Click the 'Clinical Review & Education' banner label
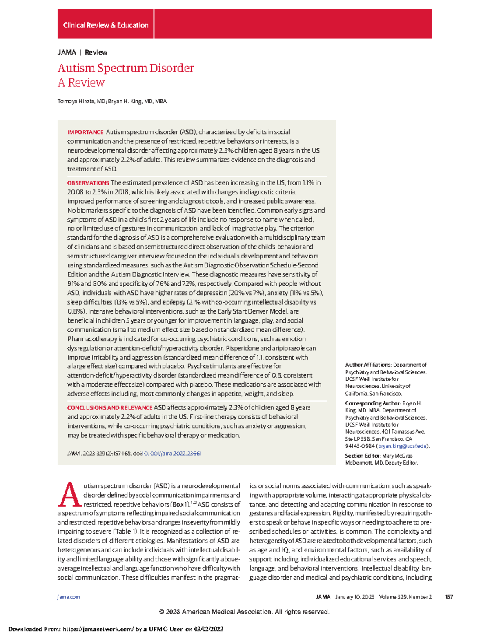coord(105,25)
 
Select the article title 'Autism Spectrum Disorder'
coord(125,68)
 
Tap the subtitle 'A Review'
coord(81,82)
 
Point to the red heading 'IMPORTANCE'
coord(85,132)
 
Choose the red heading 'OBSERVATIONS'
coord(88,183)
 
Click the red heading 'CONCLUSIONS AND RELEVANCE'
coord(109,407)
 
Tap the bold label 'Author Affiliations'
coord(368,365)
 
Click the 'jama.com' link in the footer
coord(69,597)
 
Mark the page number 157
coord(449,597)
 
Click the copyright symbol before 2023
coord(161,612)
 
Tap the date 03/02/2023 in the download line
coord(209,629)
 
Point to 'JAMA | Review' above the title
coord(82,52)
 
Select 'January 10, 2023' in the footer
coord(354,597)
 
